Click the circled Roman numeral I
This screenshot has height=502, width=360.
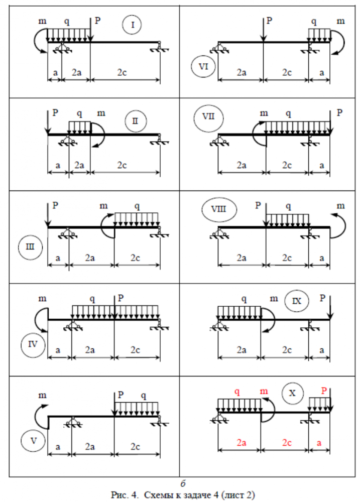(x=132, y=25)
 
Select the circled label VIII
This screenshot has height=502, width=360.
(x=219, y=210)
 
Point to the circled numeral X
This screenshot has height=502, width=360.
(x=292, y=393)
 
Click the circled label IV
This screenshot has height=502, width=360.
(x=33, y=345)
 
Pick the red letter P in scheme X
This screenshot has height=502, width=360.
(x=324, y=391)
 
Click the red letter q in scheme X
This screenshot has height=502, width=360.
(x=237, y=392)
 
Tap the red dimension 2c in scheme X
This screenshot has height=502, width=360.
(x=287, y=442)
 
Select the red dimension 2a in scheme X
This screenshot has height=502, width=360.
(x=242, y=442)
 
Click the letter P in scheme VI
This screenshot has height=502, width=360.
(x=269, y=21)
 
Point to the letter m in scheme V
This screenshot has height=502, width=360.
(x=42, y=396)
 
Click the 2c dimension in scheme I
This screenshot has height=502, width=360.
(x=122, y=72)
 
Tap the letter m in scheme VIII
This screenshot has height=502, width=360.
(x=341, y=206)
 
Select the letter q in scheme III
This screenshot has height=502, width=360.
(x=137, y=206)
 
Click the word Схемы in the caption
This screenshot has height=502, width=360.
(x=158, y=495)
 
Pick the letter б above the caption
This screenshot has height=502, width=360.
(x=183, y=483)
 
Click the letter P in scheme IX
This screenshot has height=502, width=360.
(x=322, y=298)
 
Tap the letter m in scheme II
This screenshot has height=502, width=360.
(x=101, y=113)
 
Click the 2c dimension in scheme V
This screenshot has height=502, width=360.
(x=135, y=447)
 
